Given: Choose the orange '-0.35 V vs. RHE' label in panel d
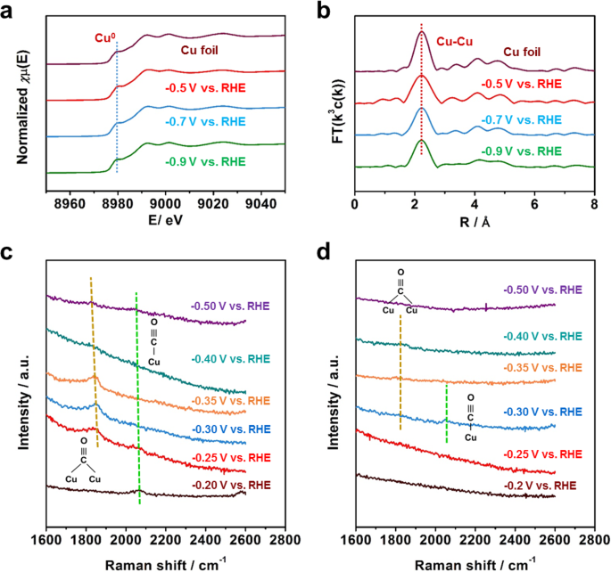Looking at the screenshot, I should [542, 367].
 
